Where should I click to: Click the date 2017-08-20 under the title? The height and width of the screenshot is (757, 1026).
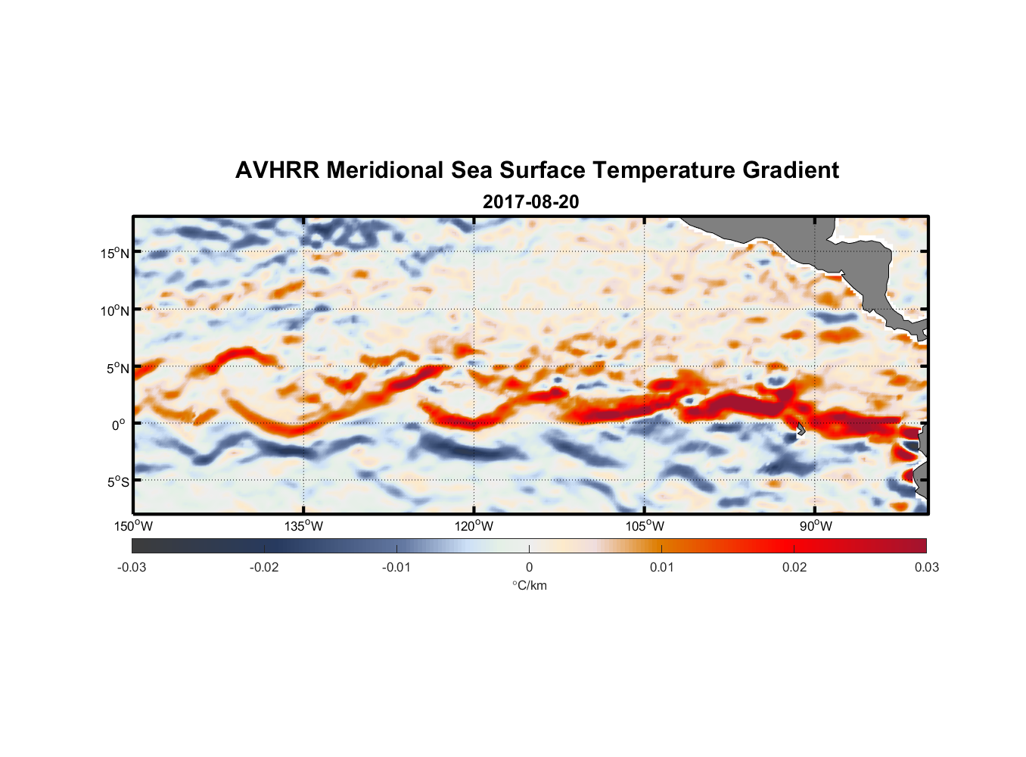click(x=530, y=202)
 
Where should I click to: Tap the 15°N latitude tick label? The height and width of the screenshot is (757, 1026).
click(x=114, y=253)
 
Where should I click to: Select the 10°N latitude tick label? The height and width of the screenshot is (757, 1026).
click(x=114, y=310)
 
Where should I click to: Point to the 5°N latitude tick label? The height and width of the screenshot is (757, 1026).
click(x=117, y=368)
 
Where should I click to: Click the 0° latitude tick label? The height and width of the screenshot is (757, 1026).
click(x=120, y=425)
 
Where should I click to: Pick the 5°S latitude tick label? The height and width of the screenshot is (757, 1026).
click(x=117, y=482)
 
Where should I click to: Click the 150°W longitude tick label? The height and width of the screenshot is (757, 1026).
click(x=134, y=526)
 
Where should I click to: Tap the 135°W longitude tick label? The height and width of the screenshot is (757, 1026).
click(x=304, y=526)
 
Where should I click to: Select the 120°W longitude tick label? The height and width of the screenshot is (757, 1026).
click(x=474, y=526)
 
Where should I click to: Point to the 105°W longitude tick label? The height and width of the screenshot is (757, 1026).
click(x=645, y=526)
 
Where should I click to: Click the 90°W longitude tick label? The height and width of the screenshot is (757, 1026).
click(x=816, y=526)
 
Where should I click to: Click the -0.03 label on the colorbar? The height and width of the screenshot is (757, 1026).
click(x=132, y=567)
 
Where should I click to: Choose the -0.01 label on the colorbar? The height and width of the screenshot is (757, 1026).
click(x=396, y=567)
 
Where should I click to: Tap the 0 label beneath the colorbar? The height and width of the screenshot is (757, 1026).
click(x=529, y=567)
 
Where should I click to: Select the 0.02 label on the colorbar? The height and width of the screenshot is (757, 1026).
click(x=794, y=567)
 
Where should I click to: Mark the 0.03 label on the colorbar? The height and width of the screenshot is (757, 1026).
click(x=926, y=567)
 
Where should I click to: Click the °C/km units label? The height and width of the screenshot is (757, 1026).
click(x=529, y=585)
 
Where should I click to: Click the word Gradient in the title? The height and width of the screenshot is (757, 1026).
click(x=791, y=170)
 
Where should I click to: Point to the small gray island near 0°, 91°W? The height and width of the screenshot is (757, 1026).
click(x=801, y=429)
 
